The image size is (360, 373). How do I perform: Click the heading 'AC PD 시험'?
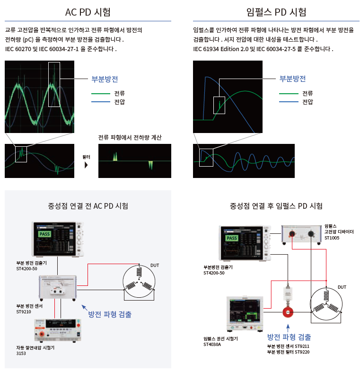click(88, 12)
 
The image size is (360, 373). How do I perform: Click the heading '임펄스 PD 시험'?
click(276, 12)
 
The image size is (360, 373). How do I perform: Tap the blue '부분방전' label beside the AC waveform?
click(105, 79)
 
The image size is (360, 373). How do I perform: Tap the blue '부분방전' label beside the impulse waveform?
click(292, 79)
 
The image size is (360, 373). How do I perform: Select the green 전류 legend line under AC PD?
click(100, 93)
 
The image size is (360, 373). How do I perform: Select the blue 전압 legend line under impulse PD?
click(288, 102)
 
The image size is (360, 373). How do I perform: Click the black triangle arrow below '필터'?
click(86, 165)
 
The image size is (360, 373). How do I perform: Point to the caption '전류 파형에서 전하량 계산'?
click(130, 138)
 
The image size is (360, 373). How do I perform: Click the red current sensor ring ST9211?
click(288, 312)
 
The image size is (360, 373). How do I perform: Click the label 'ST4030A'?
click(212, 345)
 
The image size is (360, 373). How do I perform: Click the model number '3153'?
click(21, 353)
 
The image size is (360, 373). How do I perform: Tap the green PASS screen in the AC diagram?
click(44, 234)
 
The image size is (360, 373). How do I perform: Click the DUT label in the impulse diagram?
click(342, 287)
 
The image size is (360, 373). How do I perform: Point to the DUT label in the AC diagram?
click(155, 265)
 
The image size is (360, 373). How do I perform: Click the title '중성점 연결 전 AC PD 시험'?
click(88, 206)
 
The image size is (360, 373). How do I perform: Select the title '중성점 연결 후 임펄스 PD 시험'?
click(276, 206)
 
